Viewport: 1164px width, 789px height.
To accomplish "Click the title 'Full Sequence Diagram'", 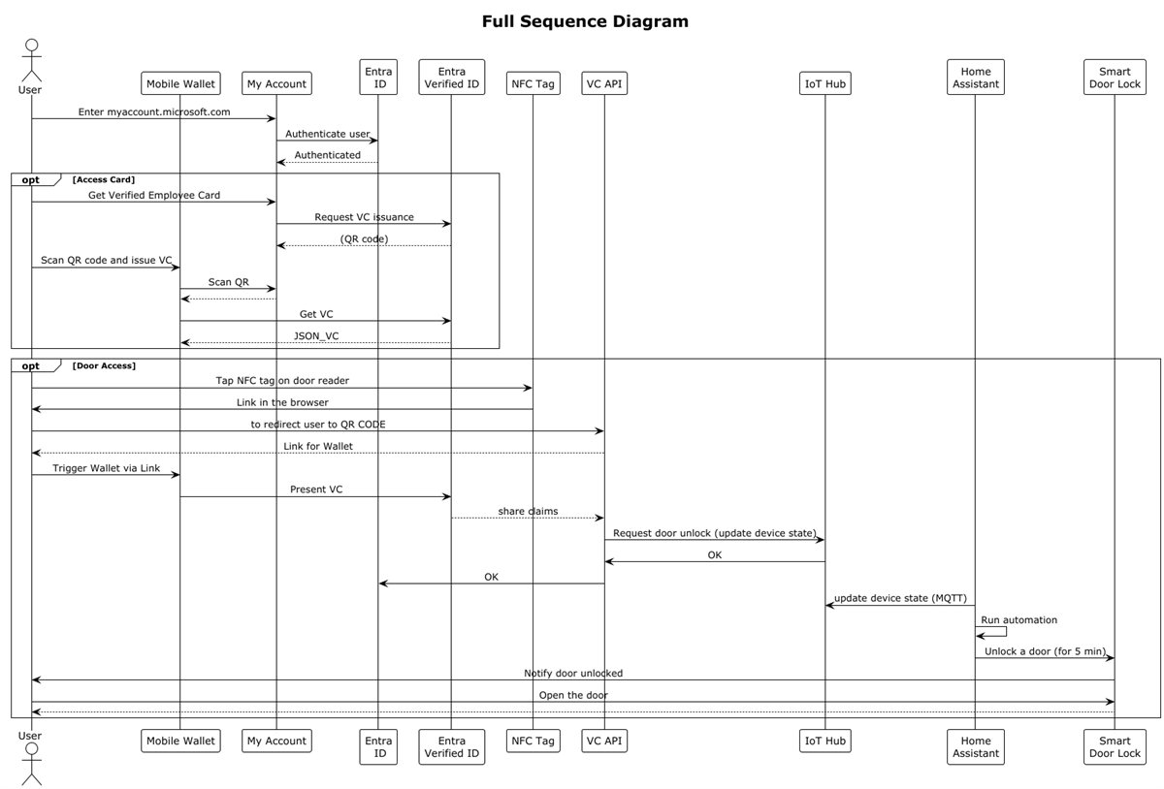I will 585,21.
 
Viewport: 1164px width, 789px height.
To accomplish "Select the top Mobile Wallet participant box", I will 179,83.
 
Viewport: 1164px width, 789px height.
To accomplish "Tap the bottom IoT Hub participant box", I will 824,741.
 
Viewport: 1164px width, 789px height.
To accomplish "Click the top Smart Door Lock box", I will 1115,77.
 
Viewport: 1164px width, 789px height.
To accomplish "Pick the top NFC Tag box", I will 533,83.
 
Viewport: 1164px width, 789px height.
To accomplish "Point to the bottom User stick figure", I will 31,764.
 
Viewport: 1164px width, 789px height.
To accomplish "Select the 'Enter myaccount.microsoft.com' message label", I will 154,111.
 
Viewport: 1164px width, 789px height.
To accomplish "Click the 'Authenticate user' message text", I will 327,134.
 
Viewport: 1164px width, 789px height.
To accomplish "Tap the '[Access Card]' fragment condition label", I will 104,179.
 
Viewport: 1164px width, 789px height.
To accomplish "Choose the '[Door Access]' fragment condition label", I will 104,365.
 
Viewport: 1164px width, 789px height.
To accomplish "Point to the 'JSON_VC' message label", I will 316,335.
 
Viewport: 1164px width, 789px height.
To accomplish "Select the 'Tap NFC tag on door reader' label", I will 282,381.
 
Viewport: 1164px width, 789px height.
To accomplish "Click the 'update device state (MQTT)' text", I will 899,598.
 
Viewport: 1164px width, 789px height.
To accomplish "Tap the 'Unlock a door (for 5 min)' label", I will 1045,651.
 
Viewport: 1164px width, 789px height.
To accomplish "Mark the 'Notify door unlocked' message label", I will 573,673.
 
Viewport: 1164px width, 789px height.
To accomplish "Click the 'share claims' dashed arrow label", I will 528,511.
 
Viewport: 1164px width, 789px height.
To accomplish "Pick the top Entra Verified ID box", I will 451,77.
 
